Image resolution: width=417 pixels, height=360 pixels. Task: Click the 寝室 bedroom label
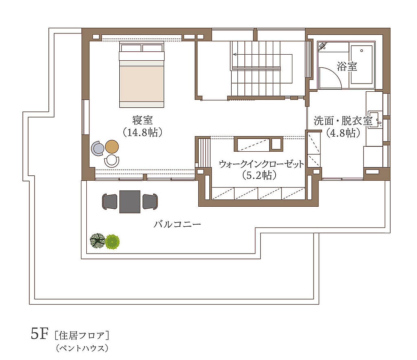pos(143,120)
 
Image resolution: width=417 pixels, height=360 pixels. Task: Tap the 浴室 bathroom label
pos(347,66)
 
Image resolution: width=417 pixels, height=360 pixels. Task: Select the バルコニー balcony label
pos(177,224)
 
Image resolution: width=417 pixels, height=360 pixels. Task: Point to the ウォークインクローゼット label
pos(261,164)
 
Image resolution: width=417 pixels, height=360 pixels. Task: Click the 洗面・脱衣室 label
pos(343,121)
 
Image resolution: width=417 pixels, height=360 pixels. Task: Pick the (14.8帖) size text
pos(143,133)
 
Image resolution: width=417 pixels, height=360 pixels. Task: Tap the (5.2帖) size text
pos(259,175)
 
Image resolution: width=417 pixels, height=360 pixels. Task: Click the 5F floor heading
pos(40,333)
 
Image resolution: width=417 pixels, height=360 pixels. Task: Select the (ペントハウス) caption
pos(82,348)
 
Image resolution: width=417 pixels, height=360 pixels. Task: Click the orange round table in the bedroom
pos(112,147)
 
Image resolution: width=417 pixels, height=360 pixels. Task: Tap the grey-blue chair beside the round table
pos(98,148)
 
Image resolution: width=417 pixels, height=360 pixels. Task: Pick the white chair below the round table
pos(112,161)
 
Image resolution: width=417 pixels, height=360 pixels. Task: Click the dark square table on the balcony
pos(130,201)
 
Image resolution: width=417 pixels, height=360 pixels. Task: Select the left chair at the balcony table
pos(110,201)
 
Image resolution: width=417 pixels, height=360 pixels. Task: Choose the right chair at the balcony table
pos(150,201)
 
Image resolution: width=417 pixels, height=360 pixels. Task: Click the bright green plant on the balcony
pos(112,242)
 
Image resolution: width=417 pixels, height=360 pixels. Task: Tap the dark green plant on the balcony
pos(97,241)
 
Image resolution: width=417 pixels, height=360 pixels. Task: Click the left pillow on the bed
pos(131,48)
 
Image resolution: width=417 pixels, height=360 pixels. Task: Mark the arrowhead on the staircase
pos(235,55)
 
